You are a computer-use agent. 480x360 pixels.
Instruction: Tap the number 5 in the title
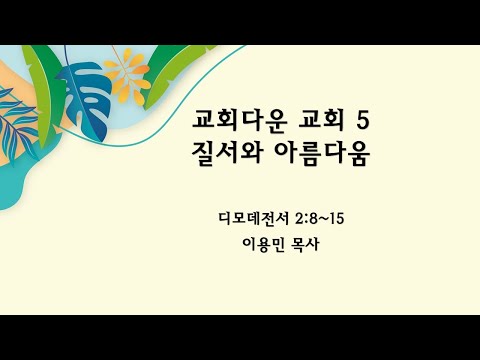[x=362, y=122]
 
